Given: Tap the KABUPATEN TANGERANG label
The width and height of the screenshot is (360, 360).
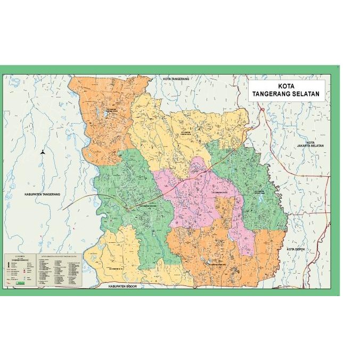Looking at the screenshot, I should pyautogui.click(x=43, y=194).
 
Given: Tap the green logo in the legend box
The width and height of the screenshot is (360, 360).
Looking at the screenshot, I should pyautogui.click(x=20, y=282).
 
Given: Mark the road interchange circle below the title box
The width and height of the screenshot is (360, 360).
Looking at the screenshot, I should pyautogui.click(x=262, y=110).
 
